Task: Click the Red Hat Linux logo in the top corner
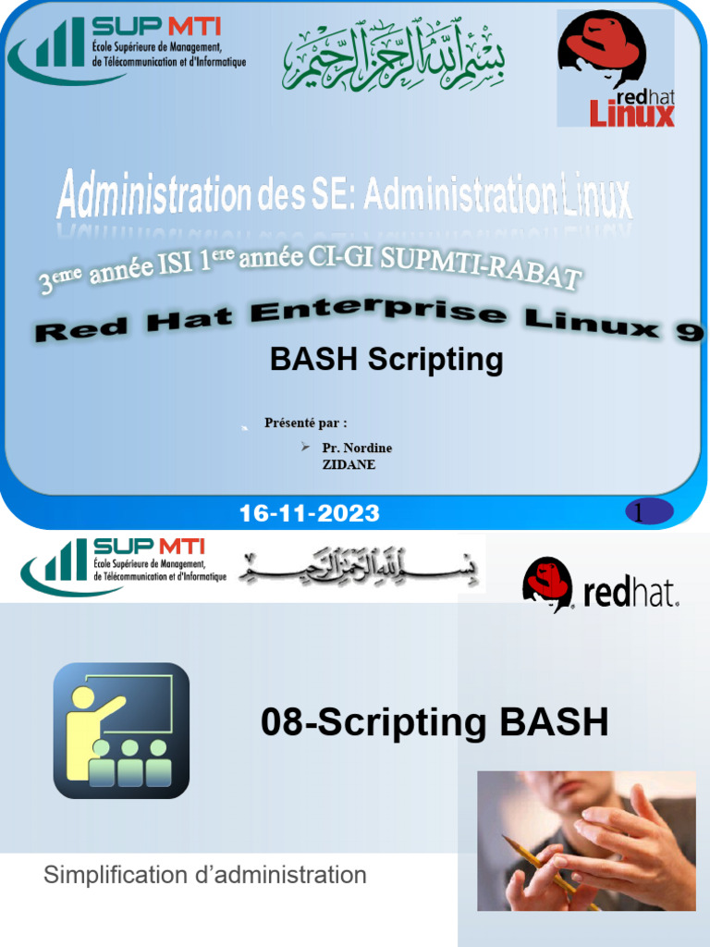point(615,69)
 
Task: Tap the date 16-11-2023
point(309,514)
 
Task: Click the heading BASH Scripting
point(386,359)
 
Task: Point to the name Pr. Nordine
point(357,448)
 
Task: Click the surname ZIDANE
point(349,464)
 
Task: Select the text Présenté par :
point(306,424)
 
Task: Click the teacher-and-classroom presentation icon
point(121,731)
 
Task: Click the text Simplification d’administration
point(205,875)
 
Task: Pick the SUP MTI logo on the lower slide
point(124,565)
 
